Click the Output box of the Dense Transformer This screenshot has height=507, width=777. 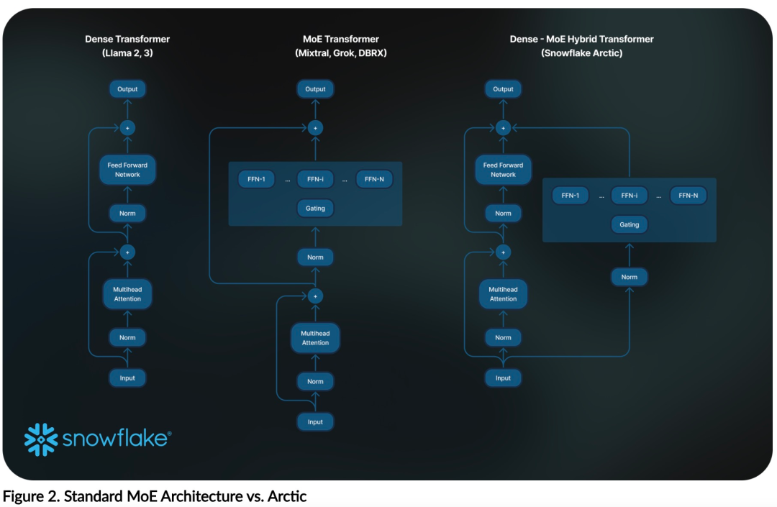point(127,89)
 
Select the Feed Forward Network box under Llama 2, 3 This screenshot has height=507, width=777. point(127,170)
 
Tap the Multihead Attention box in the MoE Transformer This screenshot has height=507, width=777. point(315,338)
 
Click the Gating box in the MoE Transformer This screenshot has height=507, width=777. point(315,209)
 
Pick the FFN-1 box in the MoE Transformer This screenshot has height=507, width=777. point(256,179)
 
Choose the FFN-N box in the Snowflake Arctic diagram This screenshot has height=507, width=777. point(688,195)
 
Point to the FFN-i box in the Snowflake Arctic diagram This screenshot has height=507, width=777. point(629,195)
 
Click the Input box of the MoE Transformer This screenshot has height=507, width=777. point(315,421)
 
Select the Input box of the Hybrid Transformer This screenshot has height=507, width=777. point(503,378)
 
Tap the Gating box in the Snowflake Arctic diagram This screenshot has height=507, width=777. point(629,224)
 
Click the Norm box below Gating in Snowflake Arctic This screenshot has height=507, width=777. point(629,277)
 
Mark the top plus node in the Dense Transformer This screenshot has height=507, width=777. point(127,127)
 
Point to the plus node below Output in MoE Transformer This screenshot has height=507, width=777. point(315,127)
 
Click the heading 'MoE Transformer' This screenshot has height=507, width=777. point(340,39)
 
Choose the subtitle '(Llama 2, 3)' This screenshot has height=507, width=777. point(127,53)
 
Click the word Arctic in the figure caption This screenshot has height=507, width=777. point(288,496)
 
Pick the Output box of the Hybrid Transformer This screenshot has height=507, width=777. point(503,89)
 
